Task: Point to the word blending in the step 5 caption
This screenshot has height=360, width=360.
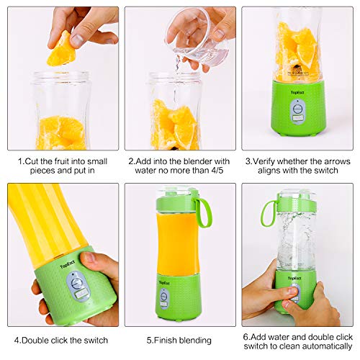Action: tap(192, 338)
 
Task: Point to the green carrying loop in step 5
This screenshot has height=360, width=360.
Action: tap(204, 212)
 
